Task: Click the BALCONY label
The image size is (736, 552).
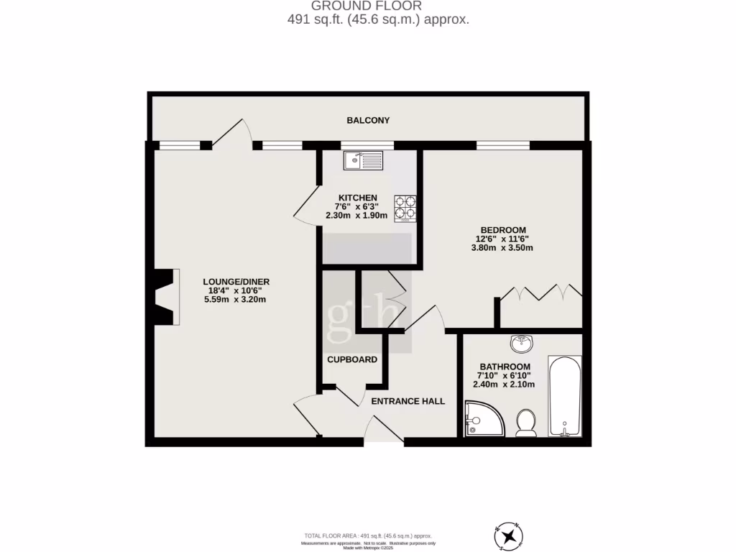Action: point(368,120)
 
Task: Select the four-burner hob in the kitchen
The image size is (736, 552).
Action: point(405,208)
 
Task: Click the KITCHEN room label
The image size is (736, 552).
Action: point(357,198)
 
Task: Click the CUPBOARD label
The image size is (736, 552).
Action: point(352,359)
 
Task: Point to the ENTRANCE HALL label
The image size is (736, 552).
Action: point(408,401)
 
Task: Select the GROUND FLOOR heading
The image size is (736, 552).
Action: point(372,6)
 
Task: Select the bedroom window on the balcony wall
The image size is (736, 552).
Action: point(503,145)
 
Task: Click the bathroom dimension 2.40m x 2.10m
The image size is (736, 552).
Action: point(504,385)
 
